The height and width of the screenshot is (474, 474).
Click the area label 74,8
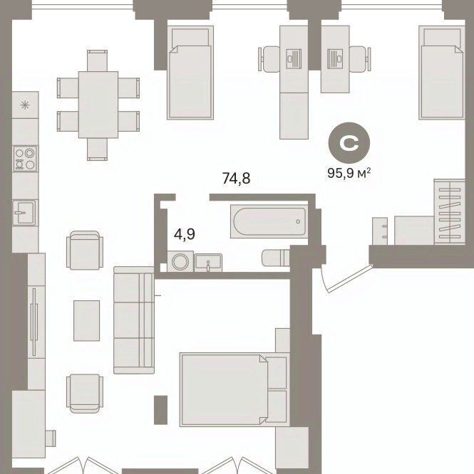(236, 179)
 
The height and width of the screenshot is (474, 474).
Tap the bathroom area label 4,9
(185, 234)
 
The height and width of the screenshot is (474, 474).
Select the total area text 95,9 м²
(349, 174)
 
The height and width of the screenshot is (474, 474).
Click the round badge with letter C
(349, 142)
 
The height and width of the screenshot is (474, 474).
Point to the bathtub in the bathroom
(269, 221)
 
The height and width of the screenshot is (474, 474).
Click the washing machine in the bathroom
(180, 261)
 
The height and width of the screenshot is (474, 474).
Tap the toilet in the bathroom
(276, 258)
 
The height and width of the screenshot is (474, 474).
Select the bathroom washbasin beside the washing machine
(208, 263)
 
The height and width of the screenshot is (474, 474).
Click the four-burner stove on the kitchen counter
(25, 159)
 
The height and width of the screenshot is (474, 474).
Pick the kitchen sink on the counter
(25, 213)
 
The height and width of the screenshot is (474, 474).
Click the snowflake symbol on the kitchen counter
(25, 105)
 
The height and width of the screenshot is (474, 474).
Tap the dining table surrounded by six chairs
(98, 105)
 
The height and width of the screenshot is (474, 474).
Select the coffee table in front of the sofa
(86, 321)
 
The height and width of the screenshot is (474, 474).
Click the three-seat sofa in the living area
(134, 320)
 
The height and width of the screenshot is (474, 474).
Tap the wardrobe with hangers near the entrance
(450, 211)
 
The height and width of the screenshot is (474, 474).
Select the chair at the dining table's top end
(97, 60)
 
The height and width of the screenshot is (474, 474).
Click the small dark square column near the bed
(160, 410)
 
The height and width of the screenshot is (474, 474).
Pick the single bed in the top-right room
(442, 73)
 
